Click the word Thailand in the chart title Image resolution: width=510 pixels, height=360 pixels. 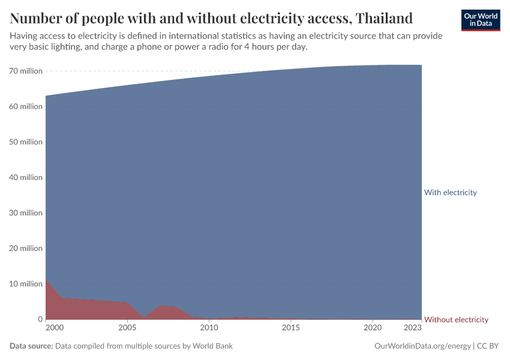[383, 17]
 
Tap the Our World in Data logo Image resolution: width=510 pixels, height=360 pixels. [481, 20]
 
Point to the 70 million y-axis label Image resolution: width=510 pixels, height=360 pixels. [26, 71]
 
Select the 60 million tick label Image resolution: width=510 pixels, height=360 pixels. [26, 106]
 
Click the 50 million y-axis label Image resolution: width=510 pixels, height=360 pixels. [26, 142]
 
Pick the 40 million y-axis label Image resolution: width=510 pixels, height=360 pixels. [26, 177]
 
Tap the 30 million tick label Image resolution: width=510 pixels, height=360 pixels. [26, 212]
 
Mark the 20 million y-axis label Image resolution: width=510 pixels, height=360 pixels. [26, 248]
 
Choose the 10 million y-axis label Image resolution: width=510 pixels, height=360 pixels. [26, 283]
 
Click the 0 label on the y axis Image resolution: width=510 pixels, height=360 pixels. [40, 319]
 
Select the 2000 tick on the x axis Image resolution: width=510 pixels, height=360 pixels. [53, 328]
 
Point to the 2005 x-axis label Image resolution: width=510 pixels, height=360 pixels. [127, 328]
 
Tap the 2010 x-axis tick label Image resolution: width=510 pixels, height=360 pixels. [209, 328]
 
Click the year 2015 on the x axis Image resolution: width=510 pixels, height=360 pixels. [291, 328]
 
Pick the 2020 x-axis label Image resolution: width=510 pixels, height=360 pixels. [373, 328]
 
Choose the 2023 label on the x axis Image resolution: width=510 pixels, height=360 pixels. [413, 328]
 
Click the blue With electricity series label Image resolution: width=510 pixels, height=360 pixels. [450, 193]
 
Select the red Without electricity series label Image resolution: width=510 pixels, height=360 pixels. [456, 319]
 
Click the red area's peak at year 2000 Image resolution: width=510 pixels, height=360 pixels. [46, 280]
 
